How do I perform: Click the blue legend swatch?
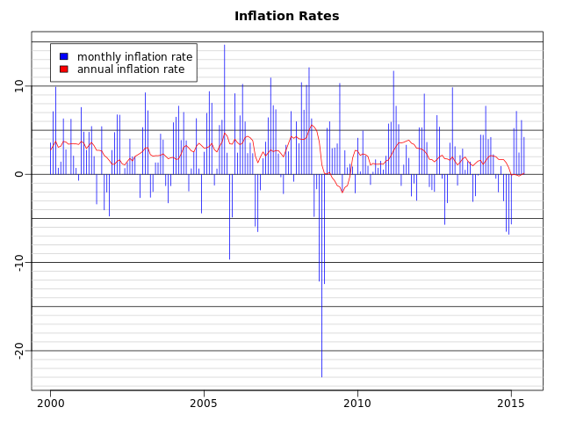pos(63,57)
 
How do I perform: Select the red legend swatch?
pos(63,69)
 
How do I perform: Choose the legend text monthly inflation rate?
pos(134,57)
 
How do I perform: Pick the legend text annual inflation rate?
pos(131,69)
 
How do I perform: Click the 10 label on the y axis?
pos(18,86)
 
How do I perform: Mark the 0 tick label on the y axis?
pos(18,174)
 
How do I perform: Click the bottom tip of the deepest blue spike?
pos(321,376)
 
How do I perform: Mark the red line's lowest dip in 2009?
pos(342,192)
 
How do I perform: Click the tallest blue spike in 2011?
pos(393,71)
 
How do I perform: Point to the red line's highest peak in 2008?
pos(312,125)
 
